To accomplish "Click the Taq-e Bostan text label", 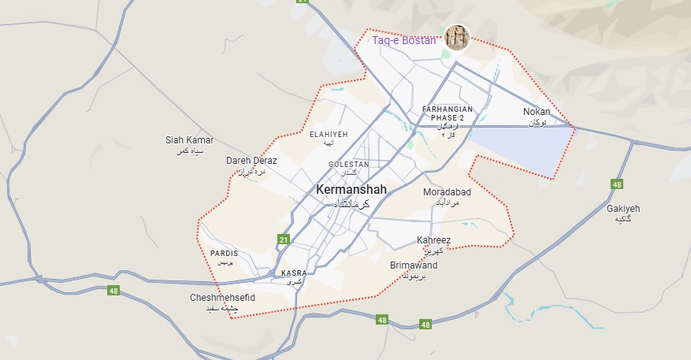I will pos(403,40).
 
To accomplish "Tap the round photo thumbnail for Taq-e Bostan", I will pos(457,37).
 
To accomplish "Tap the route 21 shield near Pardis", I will pos(284,239).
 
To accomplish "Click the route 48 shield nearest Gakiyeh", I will pos(616,184).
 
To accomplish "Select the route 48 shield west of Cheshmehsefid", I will pos(114,291).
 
